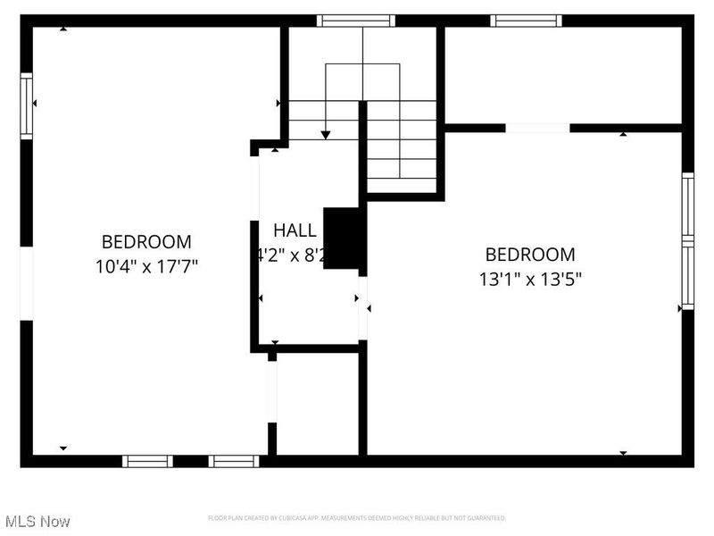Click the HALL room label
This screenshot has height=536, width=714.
tap(295, 229)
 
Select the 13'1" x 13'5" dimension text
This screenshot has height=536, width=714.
tap(530, 279)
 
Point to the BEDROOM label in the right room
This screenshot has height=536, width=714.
tap(530, 255)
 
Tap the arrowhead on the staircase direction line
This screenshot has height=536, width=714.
tap(326, 134)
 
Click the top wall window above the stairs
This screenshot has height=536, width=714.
tap(356, 20)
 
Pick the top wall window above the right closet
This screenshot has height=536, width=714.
tap(526, 20)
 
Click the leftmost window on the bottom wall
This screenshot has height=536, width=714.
tap(147, 461)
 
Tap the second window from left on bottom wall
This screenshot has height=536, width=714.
tap(234, 461)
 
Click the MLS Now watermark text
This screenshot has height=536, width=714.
tap(37, 521)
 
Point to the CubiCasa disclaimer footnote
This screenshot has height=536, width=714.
tap(357, 518)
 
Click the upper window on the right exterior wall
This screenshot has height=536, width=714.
tap(687, 205)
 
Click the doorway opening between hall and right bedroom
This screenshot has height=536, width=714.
tap(362, 308)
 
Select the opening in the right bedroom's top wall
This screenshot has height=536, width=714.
tap(537, 128)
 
